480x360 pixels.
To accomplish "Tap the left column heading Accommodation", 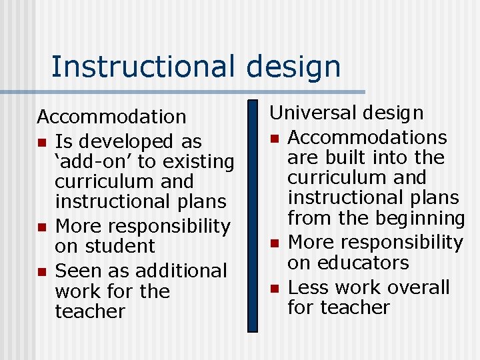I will click(111, 117).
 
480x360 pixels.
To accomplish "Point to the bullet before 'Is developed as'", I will click(41, 142).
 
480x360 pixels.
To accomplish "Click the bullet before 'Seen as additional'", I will click(41, 271).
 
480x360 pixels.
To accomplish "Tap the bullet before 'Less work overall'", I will click(273, 288).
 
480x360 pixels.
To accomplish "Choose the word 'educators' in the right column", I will click(367, 263).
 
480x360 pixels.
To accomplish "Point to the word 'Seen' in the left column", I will click(77, 271).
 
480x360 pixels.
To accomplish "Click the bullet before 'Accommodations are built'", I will click(273, 138).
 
